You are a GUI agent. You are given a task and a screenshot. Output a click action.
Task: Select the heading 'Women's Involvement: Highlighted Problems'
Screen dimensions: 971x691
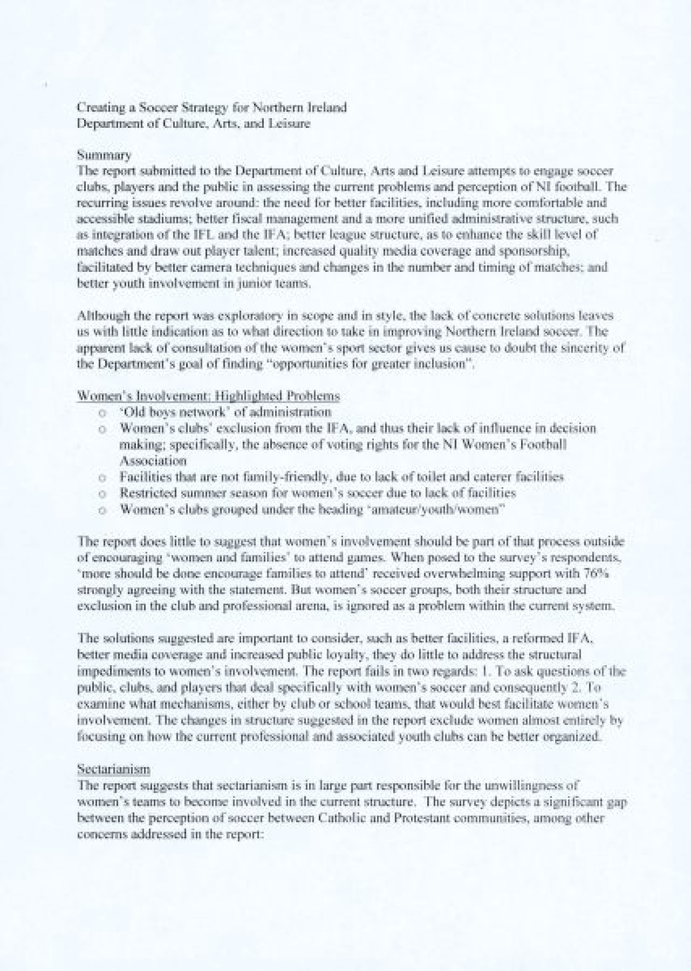[208, 396]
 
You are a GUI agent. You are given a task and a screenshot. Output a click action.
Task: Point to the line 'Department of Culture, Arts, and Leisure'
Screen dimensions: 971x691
[194, 123]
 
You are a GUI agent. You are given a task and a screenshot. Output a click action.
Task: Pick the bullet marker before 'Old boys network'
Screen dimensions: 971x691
[101, 412]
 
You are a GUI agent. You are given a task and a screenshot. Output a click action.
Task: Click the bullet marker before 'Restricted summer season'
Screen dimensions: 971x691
[101, 493]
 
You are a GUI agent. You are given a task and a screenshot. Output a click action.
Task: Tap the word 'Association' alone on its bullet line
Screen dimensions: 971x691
[153, 461]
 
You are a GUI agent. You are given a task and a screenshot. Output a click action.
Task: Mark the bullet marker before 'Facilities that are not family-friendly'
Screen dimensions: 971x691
[101, 477]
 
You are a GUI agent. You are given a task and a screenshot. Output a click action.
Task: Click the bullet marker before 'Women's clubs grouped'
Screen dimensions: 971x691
[101, 509]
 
